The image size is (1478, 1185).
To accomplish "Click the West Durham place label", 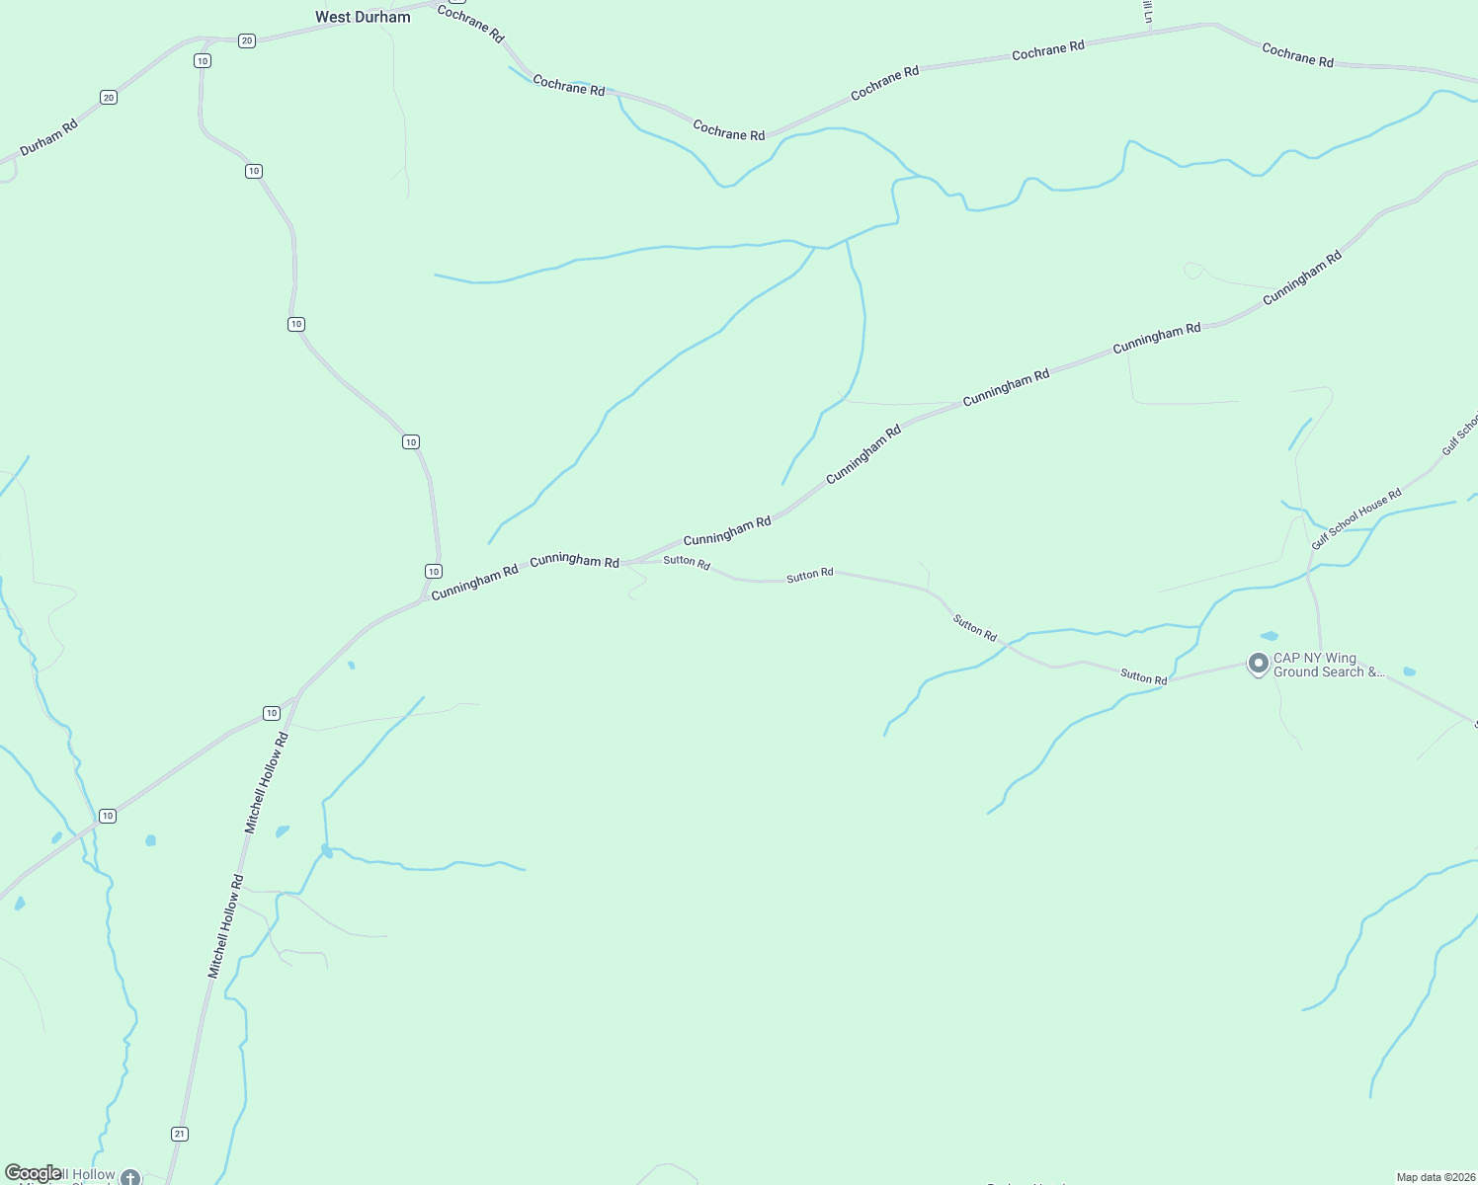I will click(363, 17).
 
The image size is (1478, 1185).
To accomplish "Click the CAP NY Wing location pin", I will click(1258, 664).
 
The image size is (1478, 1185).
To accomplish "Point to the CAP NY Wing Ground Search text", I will click(1328, 665).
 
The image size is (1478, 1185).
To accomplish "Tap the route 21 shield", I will click(179, 1134).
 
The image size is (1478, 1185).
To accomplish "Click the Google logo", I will click(33, 1173).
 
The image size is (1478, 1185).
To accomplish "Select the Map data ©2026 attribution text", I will click(1435, 1177).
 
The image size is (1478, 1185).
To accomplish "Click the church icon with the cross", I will click(130, 1177).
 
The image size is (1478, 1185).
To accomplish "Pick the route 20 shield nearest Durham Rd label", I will click(109, 97).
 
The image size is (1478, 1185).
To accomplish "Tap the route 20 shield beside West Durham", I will click(247, 40).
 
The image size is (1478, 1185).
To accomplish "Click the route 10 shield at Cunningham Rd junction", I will click(433, 572).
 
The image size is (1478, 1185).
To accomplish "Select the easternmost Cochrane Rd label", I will click(1297, 55).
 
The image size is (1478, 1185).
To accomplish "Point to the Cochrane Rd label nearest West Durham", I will click(470, 24).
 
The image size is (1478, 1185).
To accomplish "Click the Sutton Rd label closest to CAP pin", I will click(1143, 677).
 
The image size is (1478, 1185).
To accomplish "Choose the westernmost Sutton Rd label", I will click(687, 562).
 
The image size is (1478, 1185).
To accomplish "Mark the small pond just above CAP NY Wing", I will click(1270, 636).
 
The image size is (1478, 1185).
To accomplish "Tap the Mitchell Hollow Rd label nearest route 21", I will click(225, 926).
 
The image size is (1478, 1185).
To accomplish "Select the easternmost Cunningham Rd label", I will click(1302, 276).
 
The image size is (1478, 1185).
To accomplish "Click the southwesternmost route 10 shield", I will click(108, 816).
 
